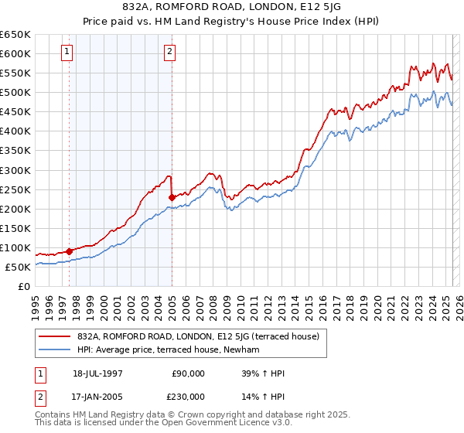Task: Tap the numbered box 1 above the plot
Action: tap(68, 53)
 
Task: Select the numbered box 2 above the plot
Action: tap(169, 53)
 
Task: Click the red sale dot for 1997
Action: tap(70, 251)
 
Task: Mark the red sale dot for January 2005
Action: tap(172, 196)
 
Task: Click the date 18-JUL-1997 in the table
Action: tap(97, 373)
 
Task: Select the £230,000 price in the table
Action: tap(189, 397)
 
